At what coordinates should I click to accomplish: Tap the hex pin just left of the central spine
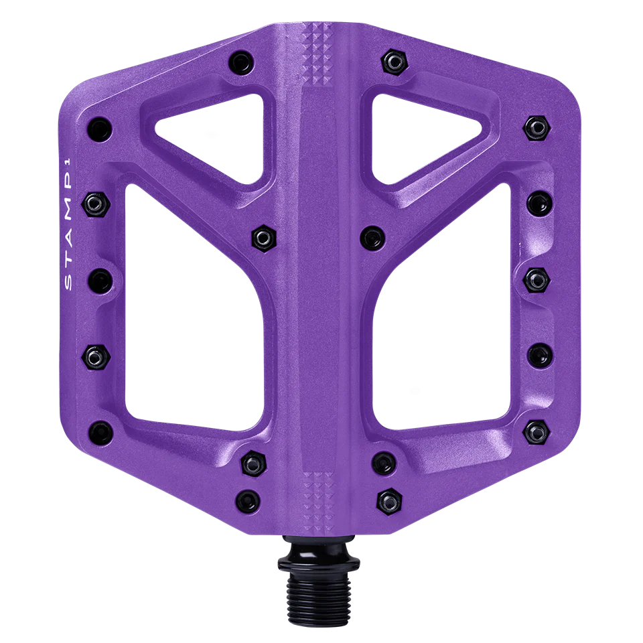261,236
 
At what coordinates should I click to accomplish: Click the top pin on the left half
240,63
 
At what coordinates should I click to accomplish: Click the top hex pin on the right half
395,62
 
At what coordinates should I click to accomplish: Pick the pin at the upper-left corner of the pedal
99,127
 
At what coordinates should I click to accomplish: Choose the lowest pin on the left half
248,498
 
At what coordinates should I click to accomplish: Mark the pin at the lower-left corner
100,430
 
